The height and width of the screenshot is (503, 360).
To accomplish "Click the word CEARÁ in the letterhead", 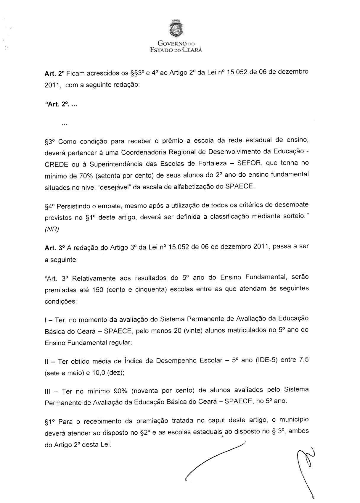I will (192, 50).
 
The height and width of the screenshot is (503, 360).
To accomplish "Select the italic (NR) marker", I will (52, 229).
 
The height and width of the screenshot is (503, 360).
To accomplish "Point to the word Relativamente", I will (94, 278).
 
